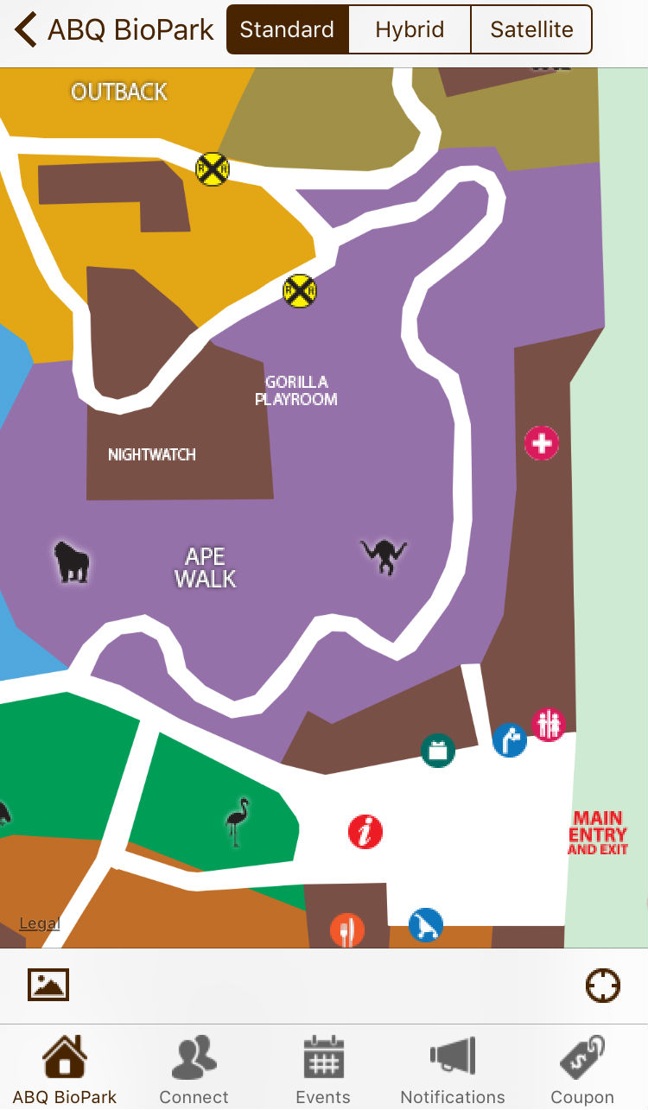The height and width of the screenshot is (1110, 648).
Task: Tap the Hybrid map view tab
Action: pos(410,29)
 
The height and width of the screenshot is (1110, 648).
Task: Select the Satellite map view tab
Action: pos(531,29)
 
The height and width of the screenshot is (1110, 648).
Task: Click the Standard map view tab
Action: pos(287,29)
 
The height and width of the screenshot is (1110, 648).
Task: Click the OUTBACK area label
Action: pos(119,92)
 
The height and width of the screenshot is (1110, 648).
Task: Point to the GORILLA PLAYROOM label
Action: pos(295,390)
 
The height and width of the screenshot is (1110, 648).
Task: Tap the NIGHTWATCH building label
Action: pos(152,454)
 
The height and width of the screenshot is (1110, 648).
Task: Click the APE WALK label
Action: pos(205,568)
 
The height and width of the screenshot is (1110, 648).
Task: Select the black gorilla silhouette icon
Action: pos(71,561)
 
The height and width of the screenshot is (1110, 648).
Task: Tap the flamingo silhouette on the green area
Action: pos(237,821)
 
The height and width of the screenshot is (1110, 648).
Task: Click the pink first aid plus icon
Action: pos(542,444)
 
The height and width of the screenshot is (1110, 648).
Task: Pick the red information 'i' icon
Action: pos(365,832)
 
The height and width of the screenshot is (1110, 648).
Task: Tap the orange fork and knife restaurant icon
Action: pos(347,931)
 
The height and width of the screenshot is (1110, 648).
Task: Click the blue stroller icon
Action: pos(426,925)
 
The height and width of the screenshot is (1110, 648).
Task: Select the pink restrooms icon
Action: pos(548,724)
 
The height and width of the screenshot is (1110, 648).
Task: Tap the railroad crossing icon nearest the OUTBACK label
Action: pos(212,169)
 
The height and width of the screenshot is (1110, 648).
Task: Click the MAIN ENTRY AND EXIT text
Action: pos(598,833)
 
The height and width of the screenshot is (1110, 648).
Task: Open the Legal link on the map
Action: pos(40,923)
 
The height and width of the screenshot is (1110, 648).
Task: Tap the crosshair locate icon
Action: pos(602,986)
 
